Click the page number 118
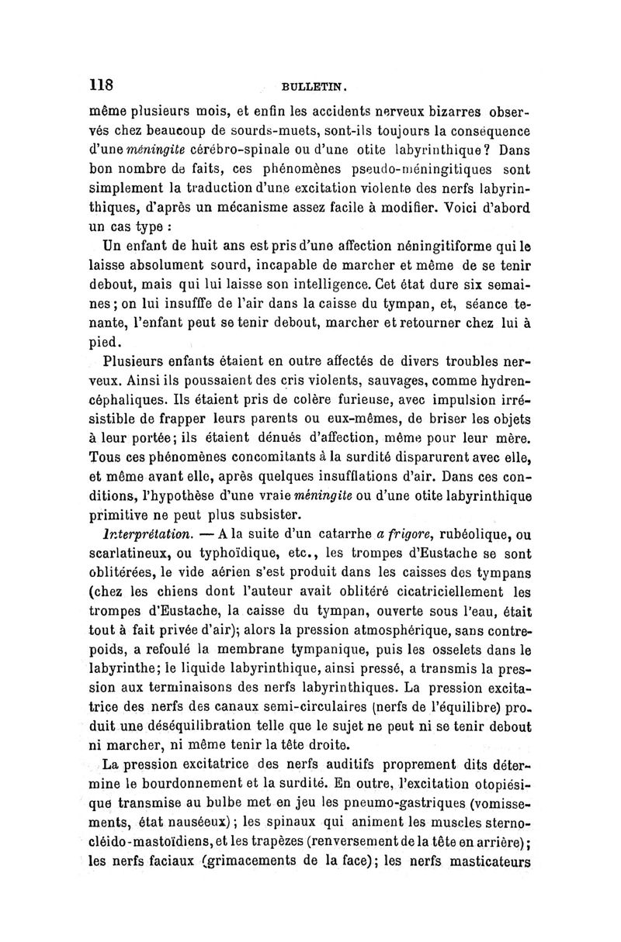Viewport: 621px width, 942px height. (x=102, y=84)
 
